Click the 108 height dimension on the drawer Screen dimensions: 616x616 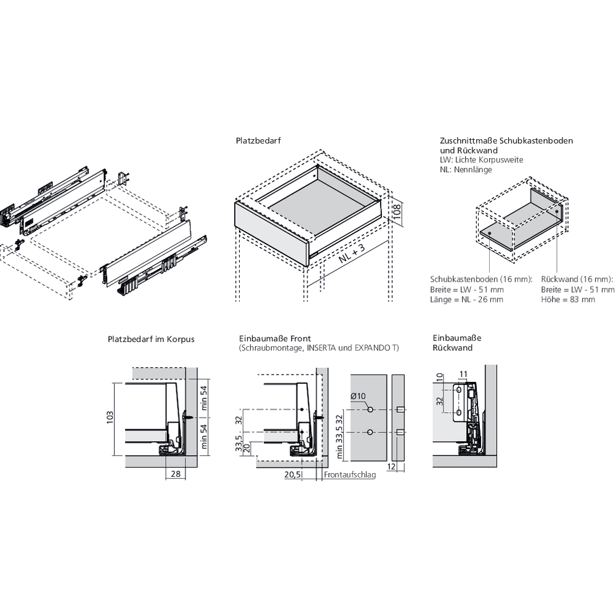pos(398,212)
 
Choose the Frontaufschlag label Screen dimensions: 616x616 pos(350,475)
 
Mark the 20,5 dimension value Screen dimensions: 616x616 pos(293,474)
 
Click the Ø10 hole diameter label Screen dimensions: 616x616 pos(359,396)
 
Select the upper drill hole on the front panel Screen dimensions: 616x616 pos(370,410)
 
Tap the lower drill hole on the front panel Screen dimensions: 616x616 pos(370,433)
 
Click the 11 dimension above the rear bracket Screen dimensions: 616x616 pos(464,373)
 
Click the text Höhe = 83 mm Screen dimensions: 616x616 pos(568,299)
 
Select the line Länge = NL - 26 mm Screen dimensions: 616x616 pos(466,299)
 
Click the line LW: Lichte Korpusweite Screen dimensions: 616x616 pos(481,160)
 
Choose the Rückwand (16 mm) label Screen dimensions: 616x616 pos(577,279)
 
